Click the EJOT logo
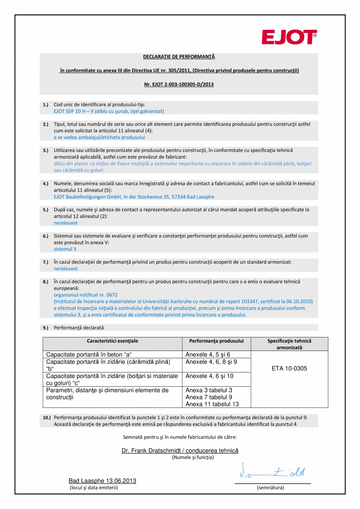pos(289,38)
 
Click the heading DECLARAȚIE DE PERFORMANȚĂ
pos(179,57)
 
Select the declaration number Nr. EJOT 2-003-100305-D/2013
pos(179,84)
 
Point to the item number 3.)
pos(45,150)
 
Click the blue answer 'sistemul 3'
pos(65,249)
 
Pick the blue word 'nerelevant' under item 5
pos(65,223)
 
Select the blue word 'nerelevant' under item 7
pos(65,269)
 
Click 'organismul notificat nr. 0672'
pos(86,295)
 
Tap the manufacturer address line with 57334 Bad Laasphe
pos(134,197)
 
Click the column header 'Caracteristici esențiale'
pos(112,341)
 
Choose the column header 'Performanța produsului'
pos(216,341)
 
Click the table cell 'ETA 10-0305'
pos(289,369)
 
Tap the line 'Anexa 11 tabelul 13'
pos(212,404)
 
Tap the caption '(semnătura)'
pos(270,487)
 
